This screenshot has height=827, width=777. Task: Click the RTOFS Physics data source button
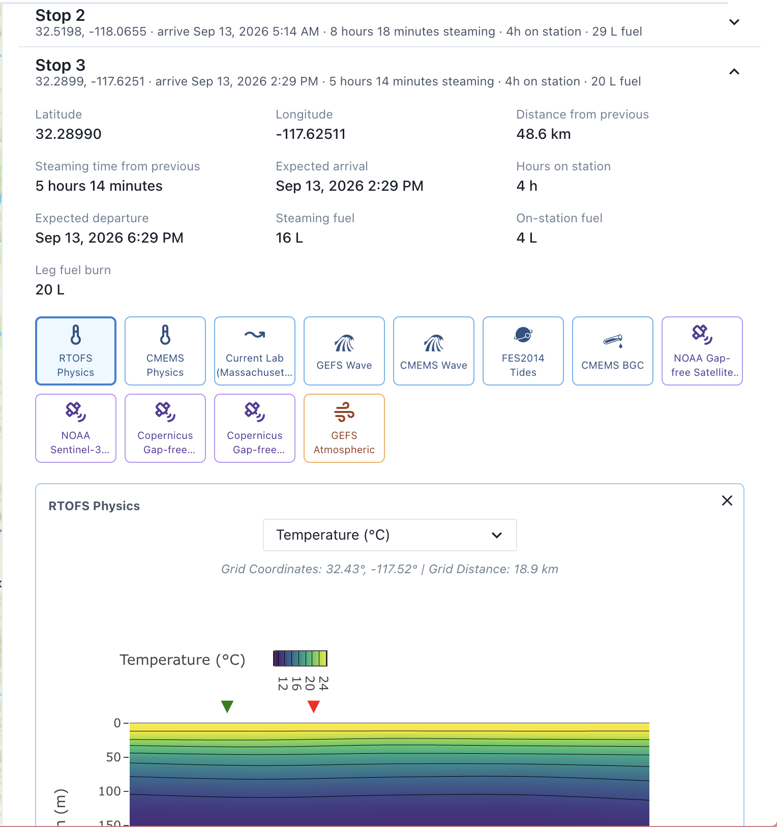tap(76, 351)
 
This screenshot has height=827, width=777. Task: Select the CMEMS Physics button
tap(165, 351)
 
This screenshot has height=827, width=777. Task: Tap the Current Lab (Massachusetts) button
tap(255, 351)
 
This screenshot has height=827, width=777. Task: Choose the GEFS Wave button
tap(344, 351)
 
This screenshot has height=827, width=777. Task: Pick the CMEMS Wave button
tap(434, 351)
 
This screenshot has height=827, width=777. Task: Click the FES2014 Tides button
tap(523, 351)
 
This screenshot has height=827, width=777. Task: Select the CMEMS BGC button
tap(613, 351)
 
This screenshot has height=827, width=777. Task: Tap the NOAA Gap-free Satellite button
tap(702, 351)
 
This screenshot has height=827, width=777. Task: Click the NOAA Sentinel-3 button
tap(76, 428)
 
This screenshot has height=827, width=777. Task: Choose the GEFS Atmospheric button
tap(344, 428)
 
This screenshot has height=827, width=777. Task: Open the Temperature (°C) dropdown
tap(390, 535)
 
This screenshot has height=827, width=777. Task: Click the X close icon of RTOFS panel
tap(727, 500)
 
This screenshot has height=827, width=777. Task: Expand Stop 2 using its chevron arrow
tap(734, 22)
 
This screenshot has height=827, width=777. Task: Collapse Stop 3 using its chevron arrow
tap(734, 72)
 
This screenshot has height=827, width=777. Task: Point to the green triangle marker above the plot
tap(227, 706)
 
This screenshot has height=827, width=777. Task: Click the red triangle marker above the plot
tap(314, 706)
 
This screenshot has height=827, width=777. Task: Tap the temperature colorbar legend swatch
tap(300, 658)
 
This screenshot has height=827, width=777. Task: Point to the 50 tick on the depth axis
tap(114, 757)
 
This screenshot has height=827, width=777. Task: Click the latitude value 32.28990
tap(69, 134)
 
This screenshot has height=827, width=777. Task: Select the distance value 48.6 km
tap(544, 134)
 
